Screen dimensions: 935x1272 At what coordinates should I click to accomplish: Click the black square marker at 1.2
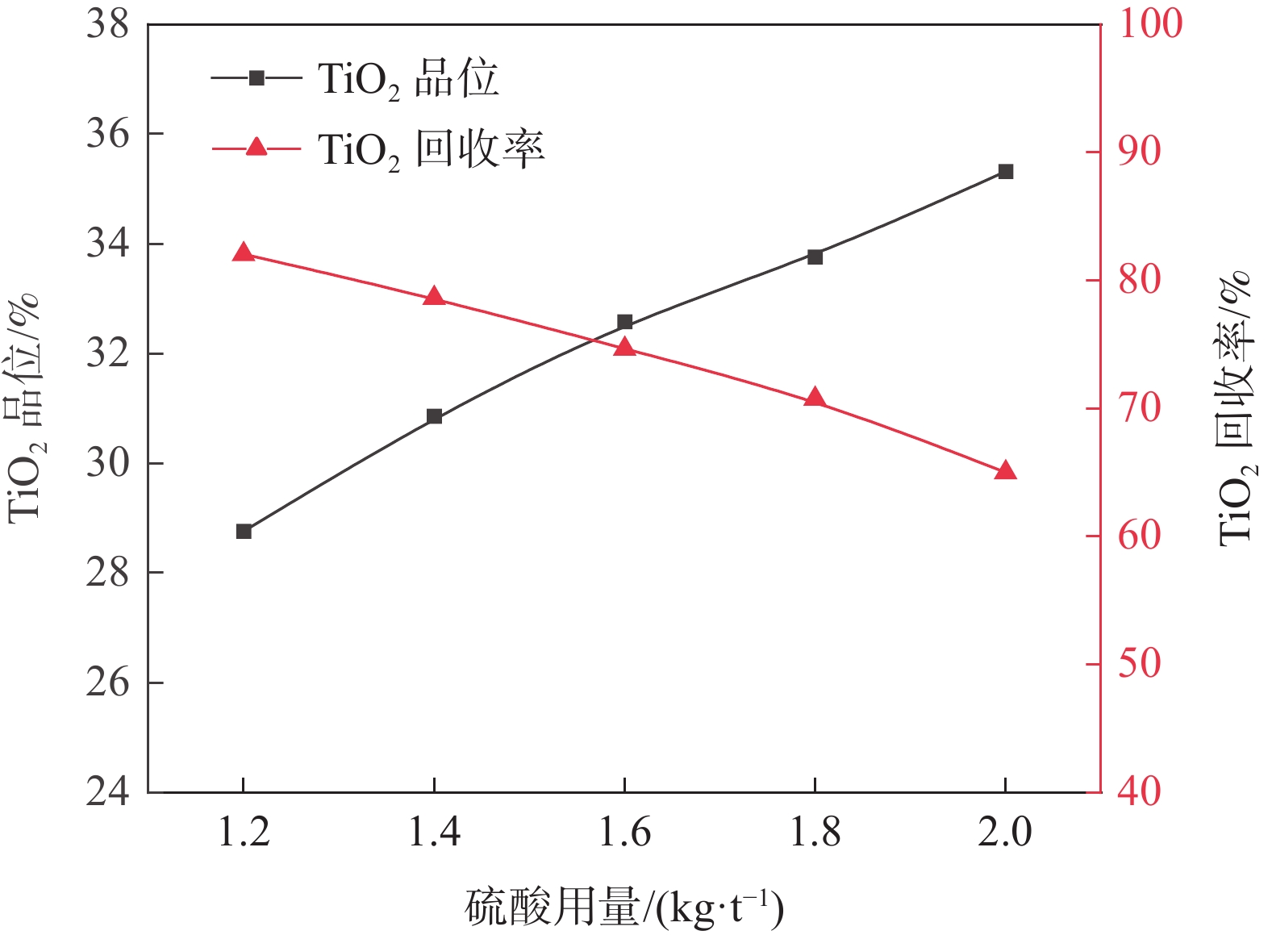[x=244, y=532]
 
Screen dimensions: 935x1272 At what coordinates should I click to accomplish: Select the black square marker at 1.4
[x=434, y=416]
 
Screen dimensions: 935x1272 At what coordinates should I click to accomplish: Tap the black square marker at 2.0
[x=1005, y=172]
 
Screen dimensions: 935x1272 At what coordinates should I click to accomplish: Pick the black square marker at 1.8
[x=815, y=257]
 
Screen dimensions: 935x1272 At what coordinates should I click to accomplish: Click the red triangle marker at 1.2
[x=244, y=253]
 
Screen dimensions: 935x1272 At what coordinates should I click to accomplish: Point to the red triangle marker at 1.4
[x=434, y=297]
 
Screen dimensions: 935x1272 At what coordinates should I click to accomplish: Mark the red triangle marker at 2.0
[x=1005, y=471]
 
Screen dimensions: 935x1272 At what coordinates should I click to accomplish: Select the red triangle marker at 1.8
[x=815, y=398]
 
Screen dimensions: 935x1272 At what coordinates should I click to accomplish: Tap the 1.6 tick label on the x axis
[x=624, y=832]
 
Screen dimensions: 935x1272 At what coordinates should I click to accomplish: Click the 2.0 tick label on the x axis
[x=1005, y=832]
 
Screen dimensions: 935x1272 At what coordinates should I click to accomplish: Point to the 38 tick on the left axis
[x=107, y=24]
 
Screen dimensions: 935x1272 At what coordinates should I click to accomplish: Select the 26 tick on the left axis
[x=107, y=682]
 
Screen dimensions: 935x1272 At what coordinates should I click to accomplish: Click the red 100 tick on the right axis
[x=1149, y=23]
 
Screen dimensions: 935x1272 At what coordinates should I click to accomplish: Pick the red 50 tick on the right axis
[x=1139, y=664]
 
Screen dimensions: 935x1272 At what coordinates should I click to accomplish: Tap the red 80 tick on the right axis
[x=1139, y=280]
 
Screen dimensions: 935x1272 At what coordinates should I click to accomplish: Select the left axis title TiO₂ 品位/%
[x=24, y=407]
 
